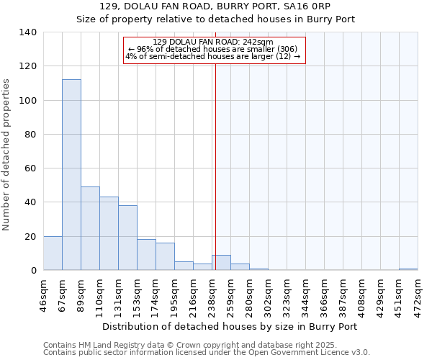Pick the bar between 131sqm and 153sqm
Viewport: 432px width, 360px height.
[127, 238]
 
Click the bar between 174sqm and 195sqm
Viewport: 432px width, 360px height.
[165, 256]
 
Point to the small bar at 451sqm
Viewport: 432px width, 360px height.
[408, 269]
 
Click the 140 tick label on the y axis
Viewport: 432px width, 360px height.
[27, 32]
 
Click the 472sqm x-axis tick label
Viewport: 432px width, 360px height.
[418, 297]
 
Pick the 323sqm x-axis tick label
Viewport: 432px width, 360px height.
[287, 297]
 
